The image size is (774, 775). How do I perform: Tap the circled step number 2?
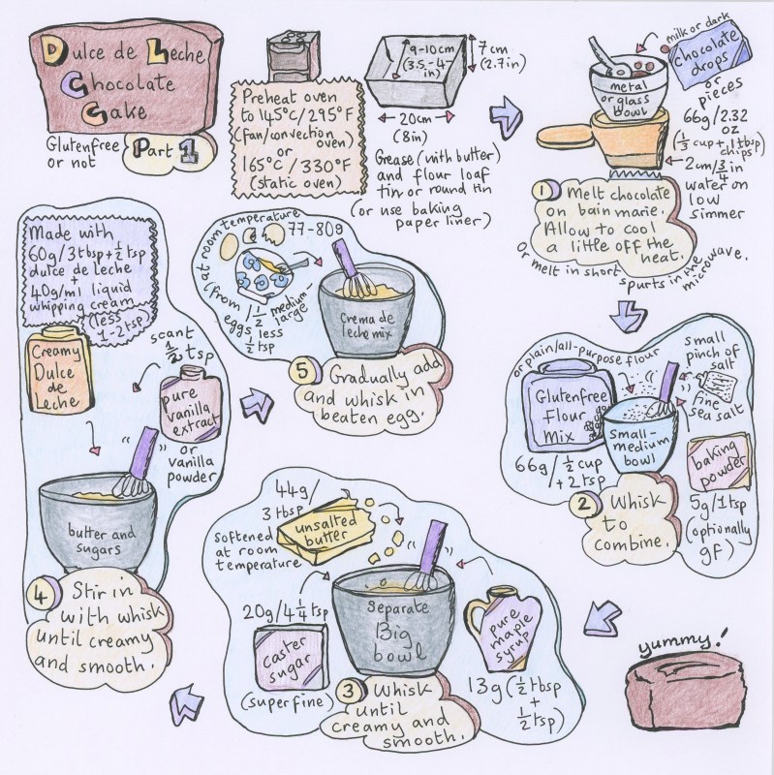[x=581, y=503]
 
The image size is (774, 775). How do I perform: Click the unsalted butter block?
[x=324, y=528]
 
